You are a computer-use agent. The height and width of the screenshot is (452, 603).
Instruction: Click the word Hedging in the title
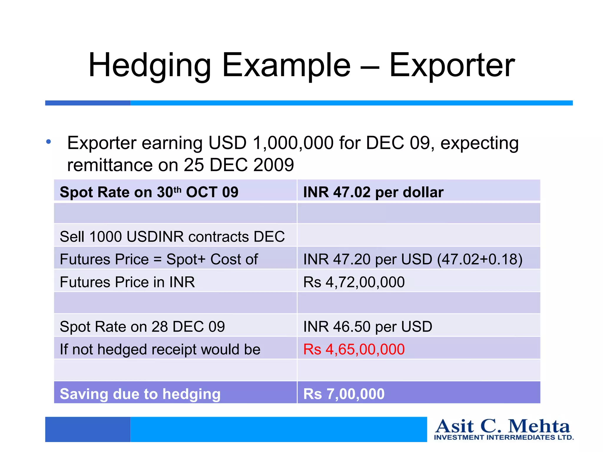click(150, 65)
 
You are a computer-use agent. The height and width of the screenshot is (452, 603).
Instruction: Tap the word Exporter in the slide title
click(452, 65)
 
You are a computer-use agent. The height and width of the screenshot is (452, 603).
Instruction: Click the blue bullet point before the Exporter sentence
click(49, 142)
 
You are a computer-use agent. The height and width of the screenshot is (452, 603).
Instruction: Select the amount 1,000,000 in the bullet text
click(293, 143)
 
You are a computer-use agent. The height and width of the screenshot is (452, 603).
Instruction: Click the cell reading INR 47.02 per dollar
click(373, 192)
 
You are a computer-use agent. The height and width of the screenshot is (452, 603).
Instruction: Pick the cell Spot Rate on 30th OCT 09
click(149, 192)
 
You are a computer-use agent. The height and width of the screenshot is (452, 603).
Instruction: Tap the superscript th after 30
click(177, 189)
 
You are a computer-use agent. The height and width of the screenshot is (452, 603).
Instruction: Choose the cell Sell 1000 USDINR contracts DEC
click(172, 237)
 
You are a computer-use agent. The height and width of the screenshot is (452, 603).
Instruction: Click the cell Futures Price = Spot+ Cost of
click(159, 259)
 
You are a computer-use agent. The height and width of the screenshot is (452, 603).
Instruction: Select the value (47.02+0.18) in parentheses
click(480, 259)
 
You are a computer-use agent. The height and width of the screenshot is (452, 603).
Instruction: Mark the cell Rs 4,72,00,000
click(354, 282)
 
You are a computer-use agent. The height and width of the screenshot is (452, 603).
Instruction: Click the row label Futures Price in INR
click(127, 282)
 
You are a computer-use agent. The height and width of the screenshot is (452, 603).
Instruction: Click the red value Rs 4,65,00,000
click(354, 349)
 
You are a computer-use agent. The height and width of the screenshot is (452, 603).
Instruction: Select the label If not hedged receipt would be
click(160, 349)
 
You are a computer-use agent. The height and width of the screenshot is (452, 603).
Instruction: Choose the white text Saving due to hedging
click(140, 394)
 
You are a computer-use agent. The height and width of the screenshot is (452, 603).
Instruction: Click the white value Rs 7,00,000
click(344, 394)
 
